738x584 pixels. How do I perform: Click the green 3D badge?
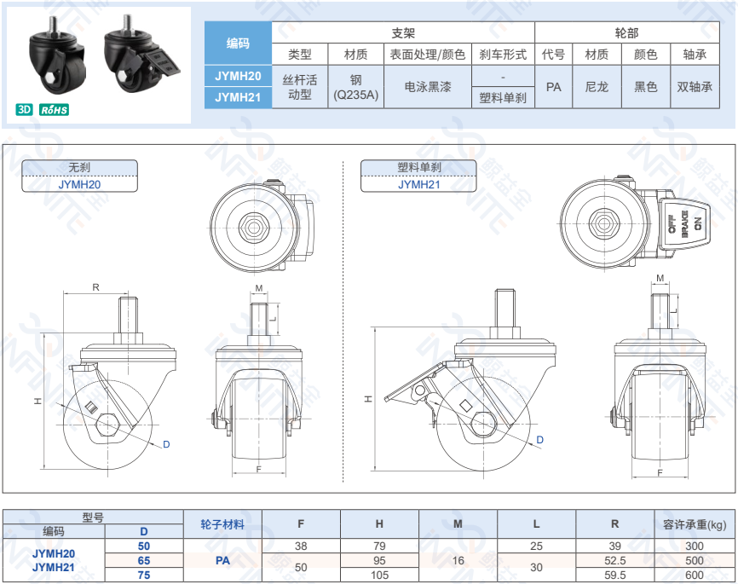pyautogui.click(x=24, y=110)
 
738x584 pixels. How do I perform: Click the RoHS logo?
pyautogui.click(x=55, y=110)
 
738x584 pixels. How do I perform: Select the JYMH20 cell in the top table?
pyautogui.click(x=238, y=76)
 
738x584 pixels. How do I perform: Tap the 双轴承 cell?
pyautogui.click(x=695, y=87)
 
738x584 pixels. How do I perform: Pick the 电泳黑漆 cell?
pyautogui.click(x=428, y=87)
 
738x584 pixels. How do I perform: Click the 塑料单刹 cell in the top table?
pyautogui.click(x=503, y=98)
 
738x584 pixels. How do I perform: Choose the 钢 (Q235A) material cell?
pyautogui.click(x=356, y=87)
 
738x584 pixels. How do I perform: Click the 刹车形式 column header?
pyautogui.click(x=503, y=55)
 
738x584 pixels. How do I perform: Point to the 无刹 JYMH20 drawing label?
pyautogui.click(x=79, y=176)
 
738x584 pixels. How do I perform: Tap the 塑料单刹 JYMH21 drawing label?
pyautogui.click(x=418, y=176)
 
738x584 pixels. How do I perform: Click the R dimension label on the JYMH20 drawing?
pyautogui.click(x=95, y=287)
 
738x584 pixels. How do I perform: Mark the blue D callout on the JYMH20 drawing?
pyautogui.click(x=166, y=444)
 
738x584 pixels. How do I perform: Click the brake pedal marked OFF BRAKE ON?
pyautogui.click(x=683, y=224)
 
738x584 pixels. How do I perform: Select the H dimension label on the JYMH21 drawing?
pyautogui.click(x=368, y=399)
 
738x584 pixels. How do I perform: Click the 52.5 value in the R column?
pyautogui.click(x=614, y=560)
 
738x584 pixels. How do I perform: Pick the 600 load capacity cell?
pyautogui.click(x=695, y=575)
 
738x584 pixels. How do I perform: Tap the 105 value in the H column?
pyautogui.click(x=379, y=575)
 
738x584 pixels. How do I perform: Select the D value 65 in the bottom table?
pyautogui.click(x=144, y=560)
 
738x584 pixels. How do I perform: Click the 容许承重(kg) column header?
pyautogui.click(x=695, y=524)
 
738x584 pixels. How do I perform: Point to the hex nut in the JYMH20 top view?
pyautogui.click(x=254, y=228)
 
